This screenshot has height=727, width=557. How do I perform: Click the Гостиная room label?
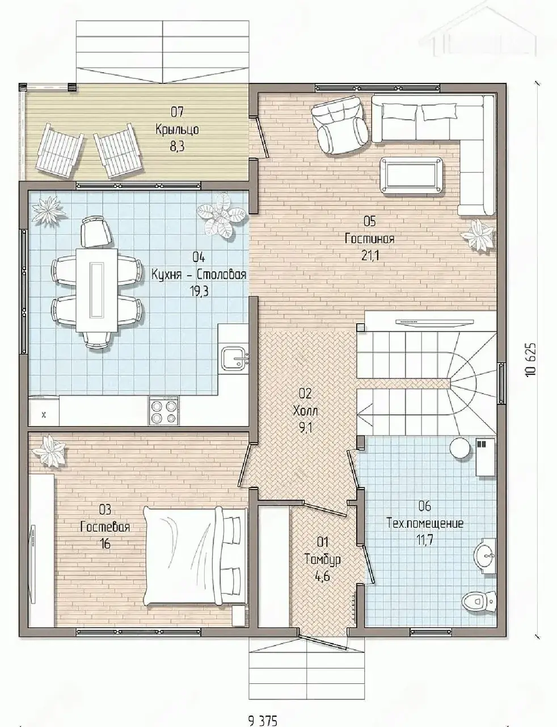(370, 239)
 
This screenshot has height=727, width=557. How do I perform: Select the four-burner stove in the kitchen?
(163, 411)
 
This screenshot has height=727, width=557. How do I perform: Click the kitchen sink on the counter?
(235, 358)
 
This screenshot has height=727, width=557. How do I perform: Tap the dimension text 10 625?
(530, 360)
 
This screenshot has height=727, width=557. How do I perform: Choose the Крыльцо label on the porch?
(177, 129)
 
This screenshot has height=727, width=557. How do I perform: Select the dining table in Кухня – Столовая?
(97, 290)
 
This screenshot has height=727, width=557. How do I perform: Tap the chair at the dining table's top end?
(96, 232)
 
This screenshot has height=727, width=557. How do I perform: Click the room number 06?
(425, 506)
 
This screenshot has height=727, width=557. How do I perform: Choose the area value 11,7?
(425, 540)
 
